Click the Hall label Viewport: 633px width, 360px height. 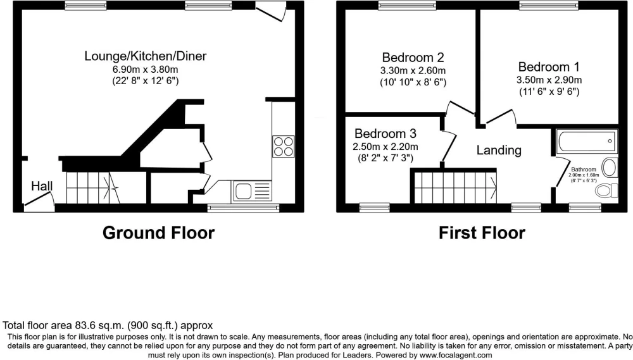click(42, 186)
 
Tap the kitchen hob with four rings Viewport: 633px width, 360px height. click(284, 147)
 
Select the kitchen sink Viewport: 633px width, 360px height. click(251, 191)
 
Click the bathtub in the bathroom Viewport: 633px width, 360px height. click(587, 141)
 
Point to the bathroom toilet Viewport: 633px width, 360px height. click(607, 190)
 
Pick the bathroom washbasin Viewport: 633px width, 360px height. click(610, 168)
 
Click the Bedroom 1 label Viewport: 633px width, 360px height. click(549, 66)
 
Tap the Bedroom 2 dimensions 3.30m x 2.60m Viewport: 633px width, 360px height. click(413, 71)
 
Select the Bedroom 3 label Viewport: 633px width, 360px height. click(385, 133)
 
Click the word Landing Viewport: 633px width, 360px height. click(499, 150)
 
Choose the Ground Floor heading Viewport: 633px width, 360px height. click(158, 233)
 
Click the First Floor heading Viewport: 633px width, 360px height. click(482, 233)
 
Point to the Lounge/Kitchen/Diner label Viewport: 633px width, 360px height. click(146, 56)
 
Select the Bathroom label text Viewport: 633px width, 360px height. click(584, 170)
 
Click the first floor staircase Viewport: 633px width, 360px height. click(454, 187)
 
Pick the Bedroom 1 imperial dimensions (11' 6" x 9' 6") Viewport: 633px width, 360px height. click(549, 92)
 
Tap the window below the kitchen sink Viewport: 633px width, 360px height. click(244, 208)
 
